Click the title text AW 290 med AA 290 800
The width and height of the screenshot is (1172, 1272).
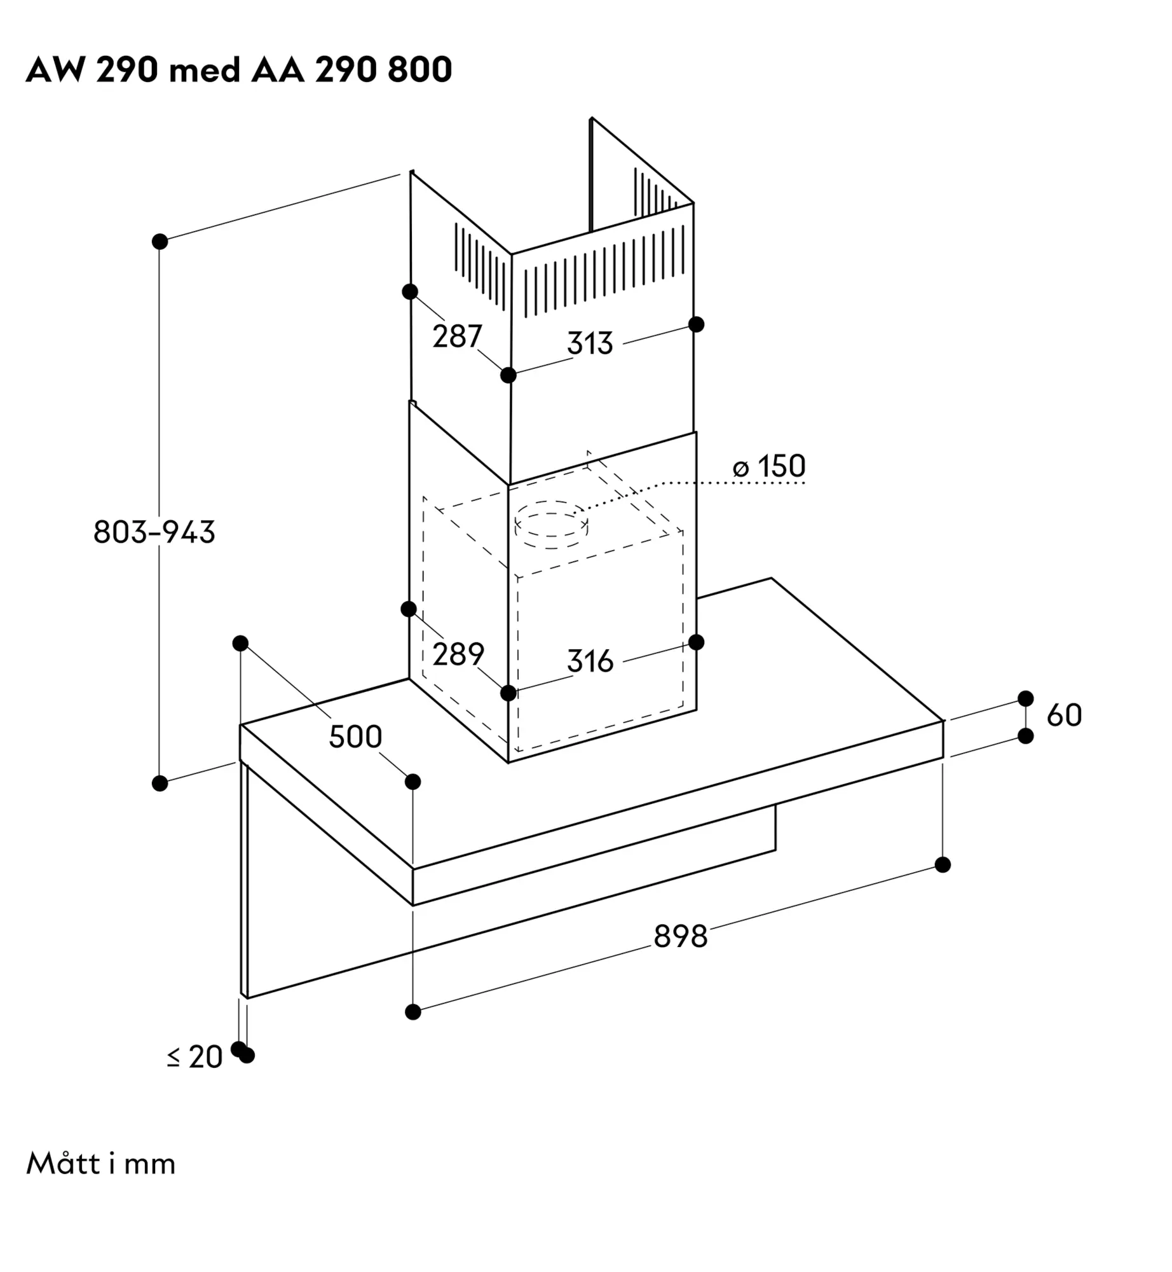pos(239,69)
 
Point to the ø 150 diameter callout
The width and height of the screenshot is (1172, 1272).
pos(769,466)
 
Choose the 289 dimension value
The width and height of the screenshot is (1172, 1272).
pos(458,654)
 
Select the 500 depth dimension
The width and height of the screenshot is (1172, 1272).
pos(355,736)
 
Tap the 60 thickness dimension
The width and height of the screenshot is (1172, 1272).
pos(1064,715)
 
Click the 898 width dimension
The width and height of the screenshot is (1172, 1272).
pos(681,936)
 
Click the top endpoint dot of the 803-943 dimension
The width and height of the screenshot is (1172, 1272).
pos(160,242)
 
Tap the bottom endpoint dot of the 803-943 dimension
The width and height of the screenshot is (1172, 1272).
pos(160,784)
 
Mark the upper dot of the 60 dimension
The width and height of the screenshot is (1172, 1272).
pos(1026,698)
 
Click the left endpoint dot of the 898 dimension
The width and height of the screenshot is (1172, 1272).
pos(413,1012)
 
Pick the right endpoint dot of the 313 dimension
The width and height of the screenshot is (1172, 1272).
pos(697,324)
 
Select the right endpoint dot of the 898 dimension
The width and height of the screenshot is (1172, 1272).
pos(943,865)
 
